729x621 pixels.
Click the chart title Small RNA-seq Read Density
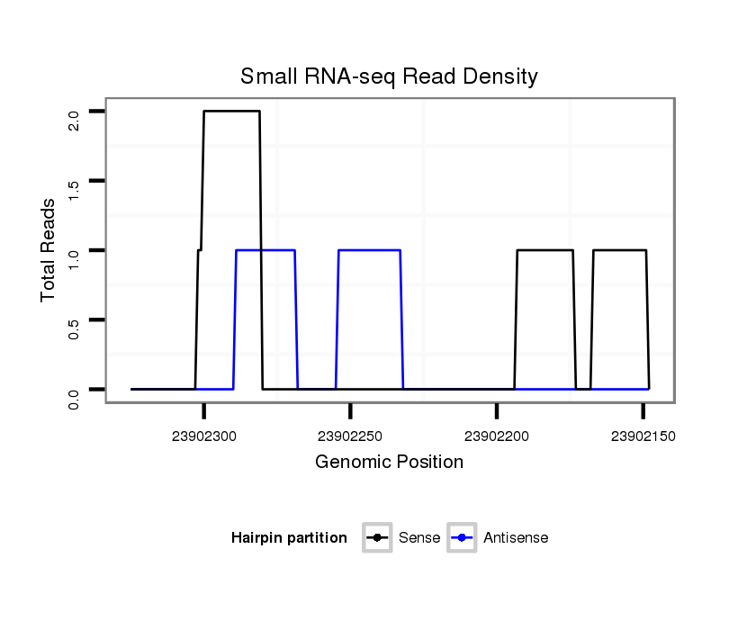[x=389, y=76]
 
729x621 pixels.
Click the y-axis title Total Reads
[x=49, y=250]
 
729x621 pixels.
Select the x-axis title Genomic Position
[x=389, y=463]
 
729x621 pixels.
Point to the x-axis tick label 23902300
[x=203, y=436]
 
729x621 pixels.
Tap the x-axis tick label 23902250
[x=350, y=436]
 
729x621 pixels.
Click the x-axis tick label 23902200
[x=496, y=436]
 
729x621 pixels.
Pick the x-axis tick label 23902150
[x=643, y=436]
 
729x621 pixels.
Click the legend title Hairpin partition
[x=289, y=538]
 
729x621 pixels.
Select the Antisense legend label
[x=516, y=538]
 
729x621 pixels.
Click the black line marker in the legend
[x=377, y=538]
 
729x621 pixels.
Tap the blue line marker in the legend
[x=462, y=538]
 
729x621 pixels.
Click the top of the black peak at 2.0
[x=231, y=111]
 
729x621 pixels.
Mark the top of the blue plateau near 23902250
[x=369, y=250]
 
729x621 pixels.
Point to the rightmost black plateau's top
[x=619, y=250]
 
